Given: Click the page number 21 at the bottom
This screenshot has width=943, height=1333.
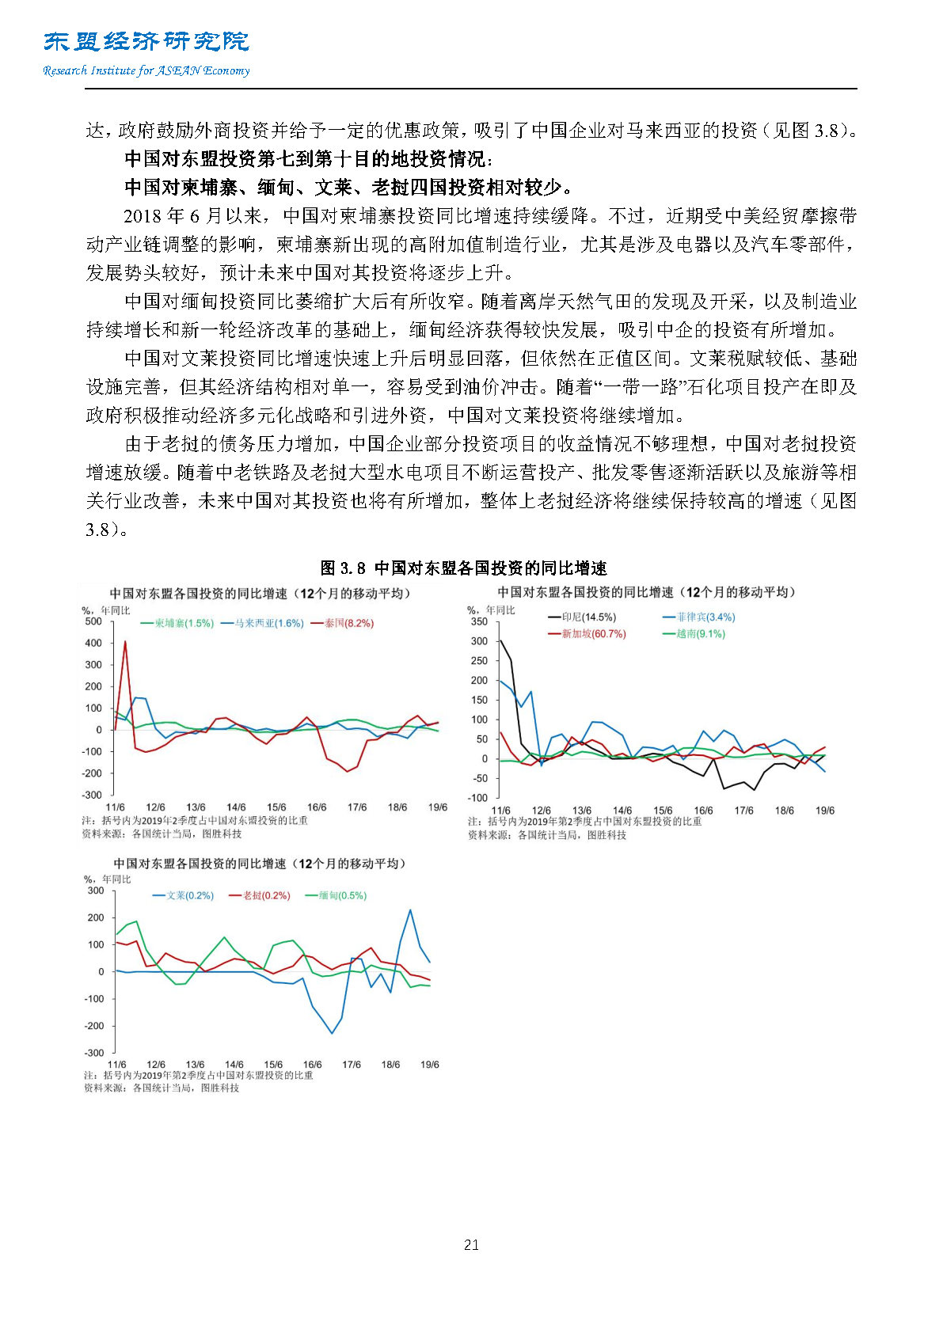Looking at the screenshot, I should pyautogui.click(x=471, y=1245).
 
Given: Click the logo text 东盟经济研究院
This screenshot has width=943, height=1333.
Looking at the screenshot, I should pyautogui.click(x=146, y=41).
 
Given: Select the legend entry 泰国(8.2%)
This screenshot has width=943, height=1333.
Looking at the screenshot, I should pyautogui.click(x=348, y=624).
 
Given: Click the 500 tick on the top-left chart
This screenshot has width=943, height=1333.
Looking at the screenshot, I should pyautogui.click(x=93, y=621).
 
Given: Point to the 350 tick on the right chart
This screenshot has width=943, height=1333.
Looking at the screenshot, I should pyautogui.click(x=479, y=622).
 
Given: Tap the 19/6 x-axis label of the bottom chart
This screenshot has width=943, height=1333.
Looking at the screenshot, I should pyautogui.click(x=429, y=1065).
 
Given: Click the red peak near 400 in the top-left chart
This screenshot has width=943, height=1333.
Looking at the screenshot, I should pyautogui.click(x=125, y=642).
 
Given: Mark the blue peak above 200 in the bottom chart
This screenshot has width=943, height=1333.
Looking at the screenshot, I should pyautogui.click(x=410, y=910).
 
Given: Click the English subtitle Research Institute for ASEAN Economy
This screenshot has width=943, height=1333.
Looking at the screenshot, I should pyautogui.click(x=146, y=70).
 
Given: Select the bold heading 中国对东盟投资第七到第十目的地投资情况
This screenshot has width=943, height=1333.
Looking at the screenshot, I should pyautogui.click(x=308, y=159).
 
